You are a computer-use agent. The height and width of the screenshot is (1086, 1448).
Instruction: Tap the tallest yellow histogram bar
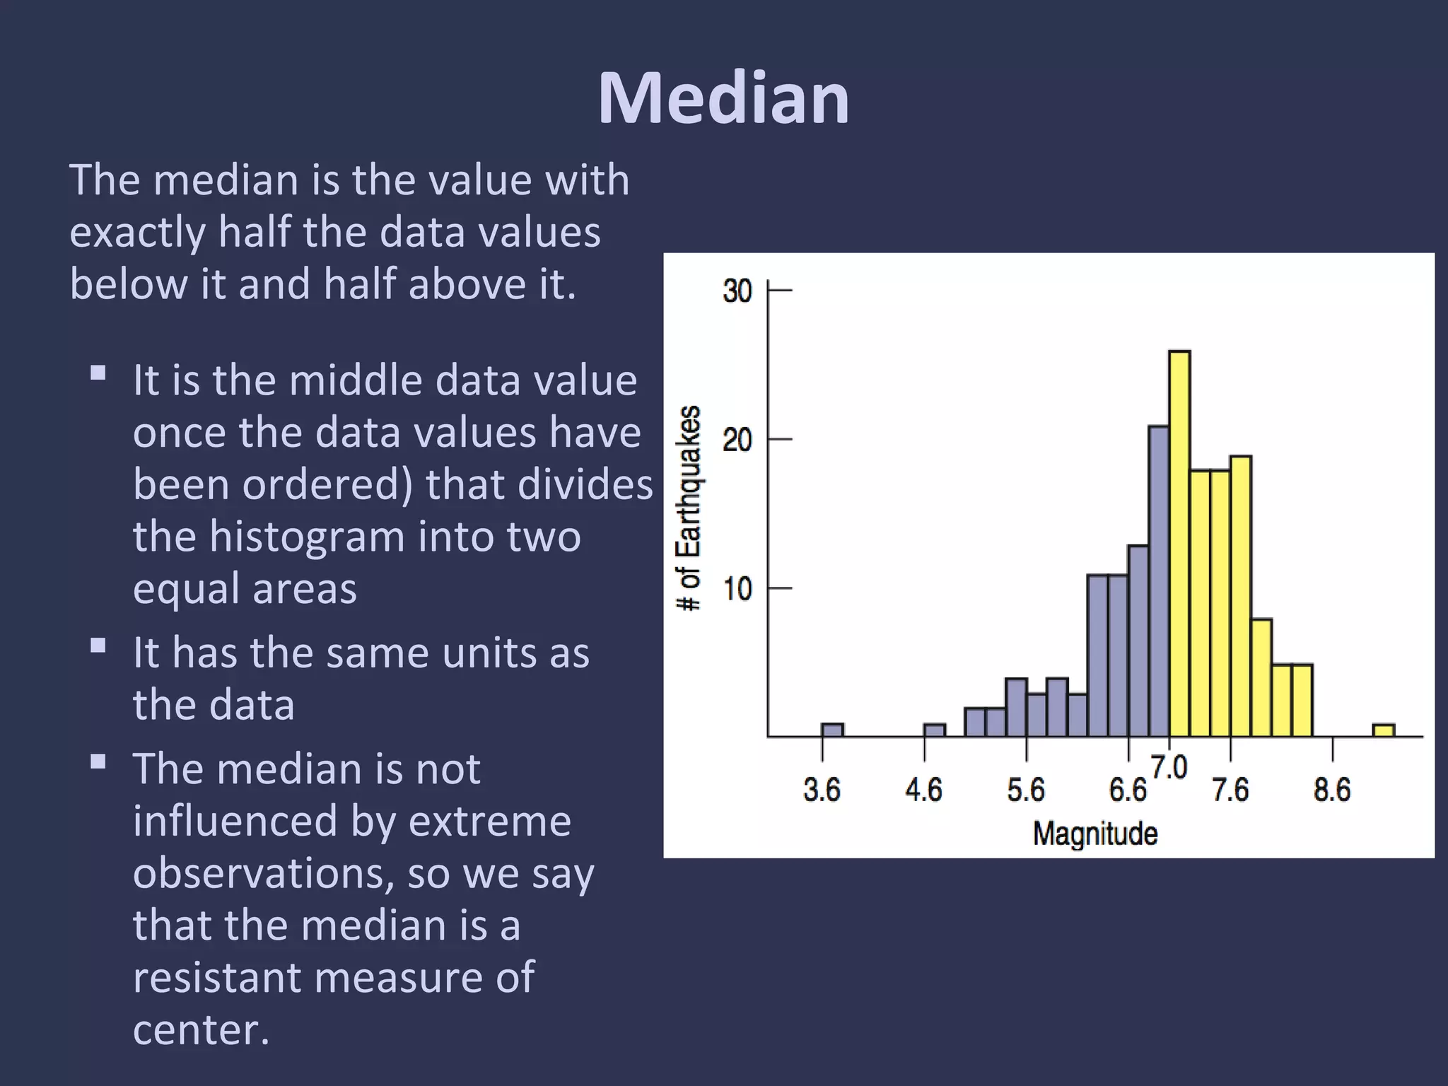[x=1179, y=544]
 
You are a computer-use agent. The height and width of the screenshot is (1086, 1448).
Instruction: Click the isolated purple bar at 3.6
[x=832, y=730]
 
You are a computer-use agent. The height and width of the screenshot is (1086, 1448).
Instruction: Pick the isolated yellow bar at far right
[x=1384, y=730]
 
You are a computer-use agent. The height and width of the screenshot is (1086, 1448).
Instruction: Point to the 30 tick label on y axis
[x=737, y=291]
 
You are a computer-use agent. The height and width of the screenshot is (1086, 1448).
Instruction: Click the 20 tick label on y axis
[x=737, y=440]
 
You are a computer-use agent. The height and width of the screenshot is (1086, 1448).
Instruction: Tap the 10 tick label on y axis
[x=737, y=588]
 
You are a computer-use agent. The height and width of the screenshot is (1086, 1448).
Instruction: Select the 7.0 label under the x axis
[x=1169, y=768]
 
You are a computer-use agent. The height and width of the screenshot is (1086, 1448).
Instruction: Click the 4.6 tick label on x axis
[x=923, y=790]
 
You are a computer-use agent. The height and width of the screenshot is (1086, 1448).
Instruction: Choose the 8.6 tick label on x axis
[x=1332, y=790]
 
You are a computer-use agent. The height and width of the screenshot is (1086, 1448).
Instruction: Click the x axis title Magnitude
[x=1095, y=834]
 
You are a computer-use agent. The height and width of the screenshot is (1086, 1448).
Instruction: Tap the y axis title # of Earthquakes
[x=689, y=508]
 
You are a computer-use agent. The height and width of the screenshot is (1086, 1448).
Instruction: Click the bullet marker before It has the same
[x=98, y=645]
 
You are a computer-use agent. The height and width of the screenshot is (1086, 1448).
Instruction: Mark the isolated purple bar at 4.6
[x=934, y=730]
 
